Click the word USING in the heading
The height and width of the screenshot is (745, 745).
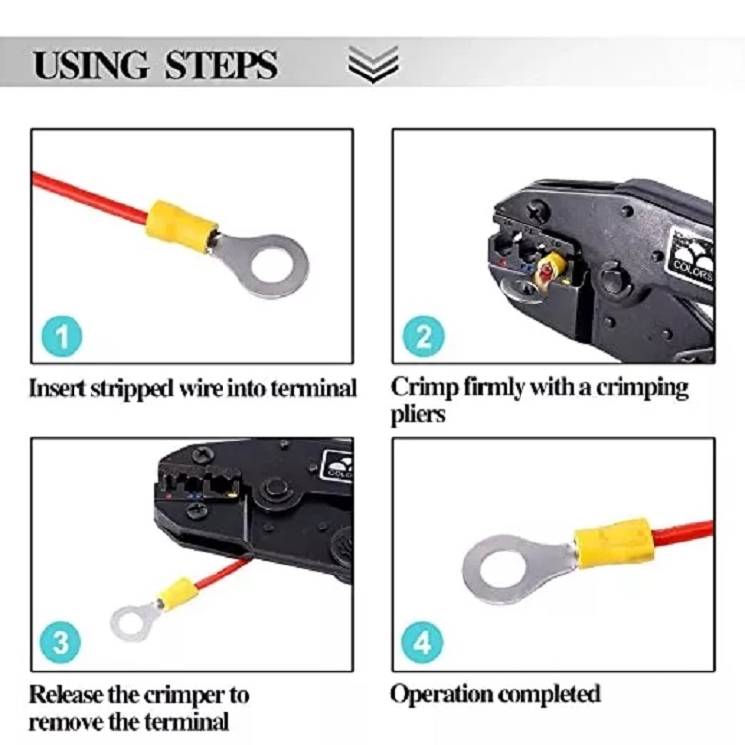[90, 65]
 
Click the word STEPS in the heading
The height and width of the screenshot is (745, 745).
[221, 65]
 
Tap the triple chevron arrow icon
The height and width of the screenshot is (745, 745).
[372, 65]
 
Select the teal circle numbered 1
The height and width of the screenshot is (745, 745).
[62, 336]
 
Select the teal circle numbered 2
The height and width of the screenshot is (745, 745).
[424, 336]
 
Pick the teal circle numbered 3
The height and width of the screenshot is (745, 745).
[61, 643]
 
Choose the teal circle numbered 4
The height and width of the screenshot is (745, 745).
[422, 643]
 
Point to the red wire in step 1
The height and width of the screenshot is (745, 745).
[89, 198]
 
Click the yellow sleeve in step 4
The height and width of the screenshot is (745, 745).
[614, 541]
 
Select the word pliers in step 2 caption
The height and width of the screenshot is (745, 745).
[418, 415]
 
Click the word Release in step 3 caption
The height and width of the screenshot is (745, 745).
[67, 694]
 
